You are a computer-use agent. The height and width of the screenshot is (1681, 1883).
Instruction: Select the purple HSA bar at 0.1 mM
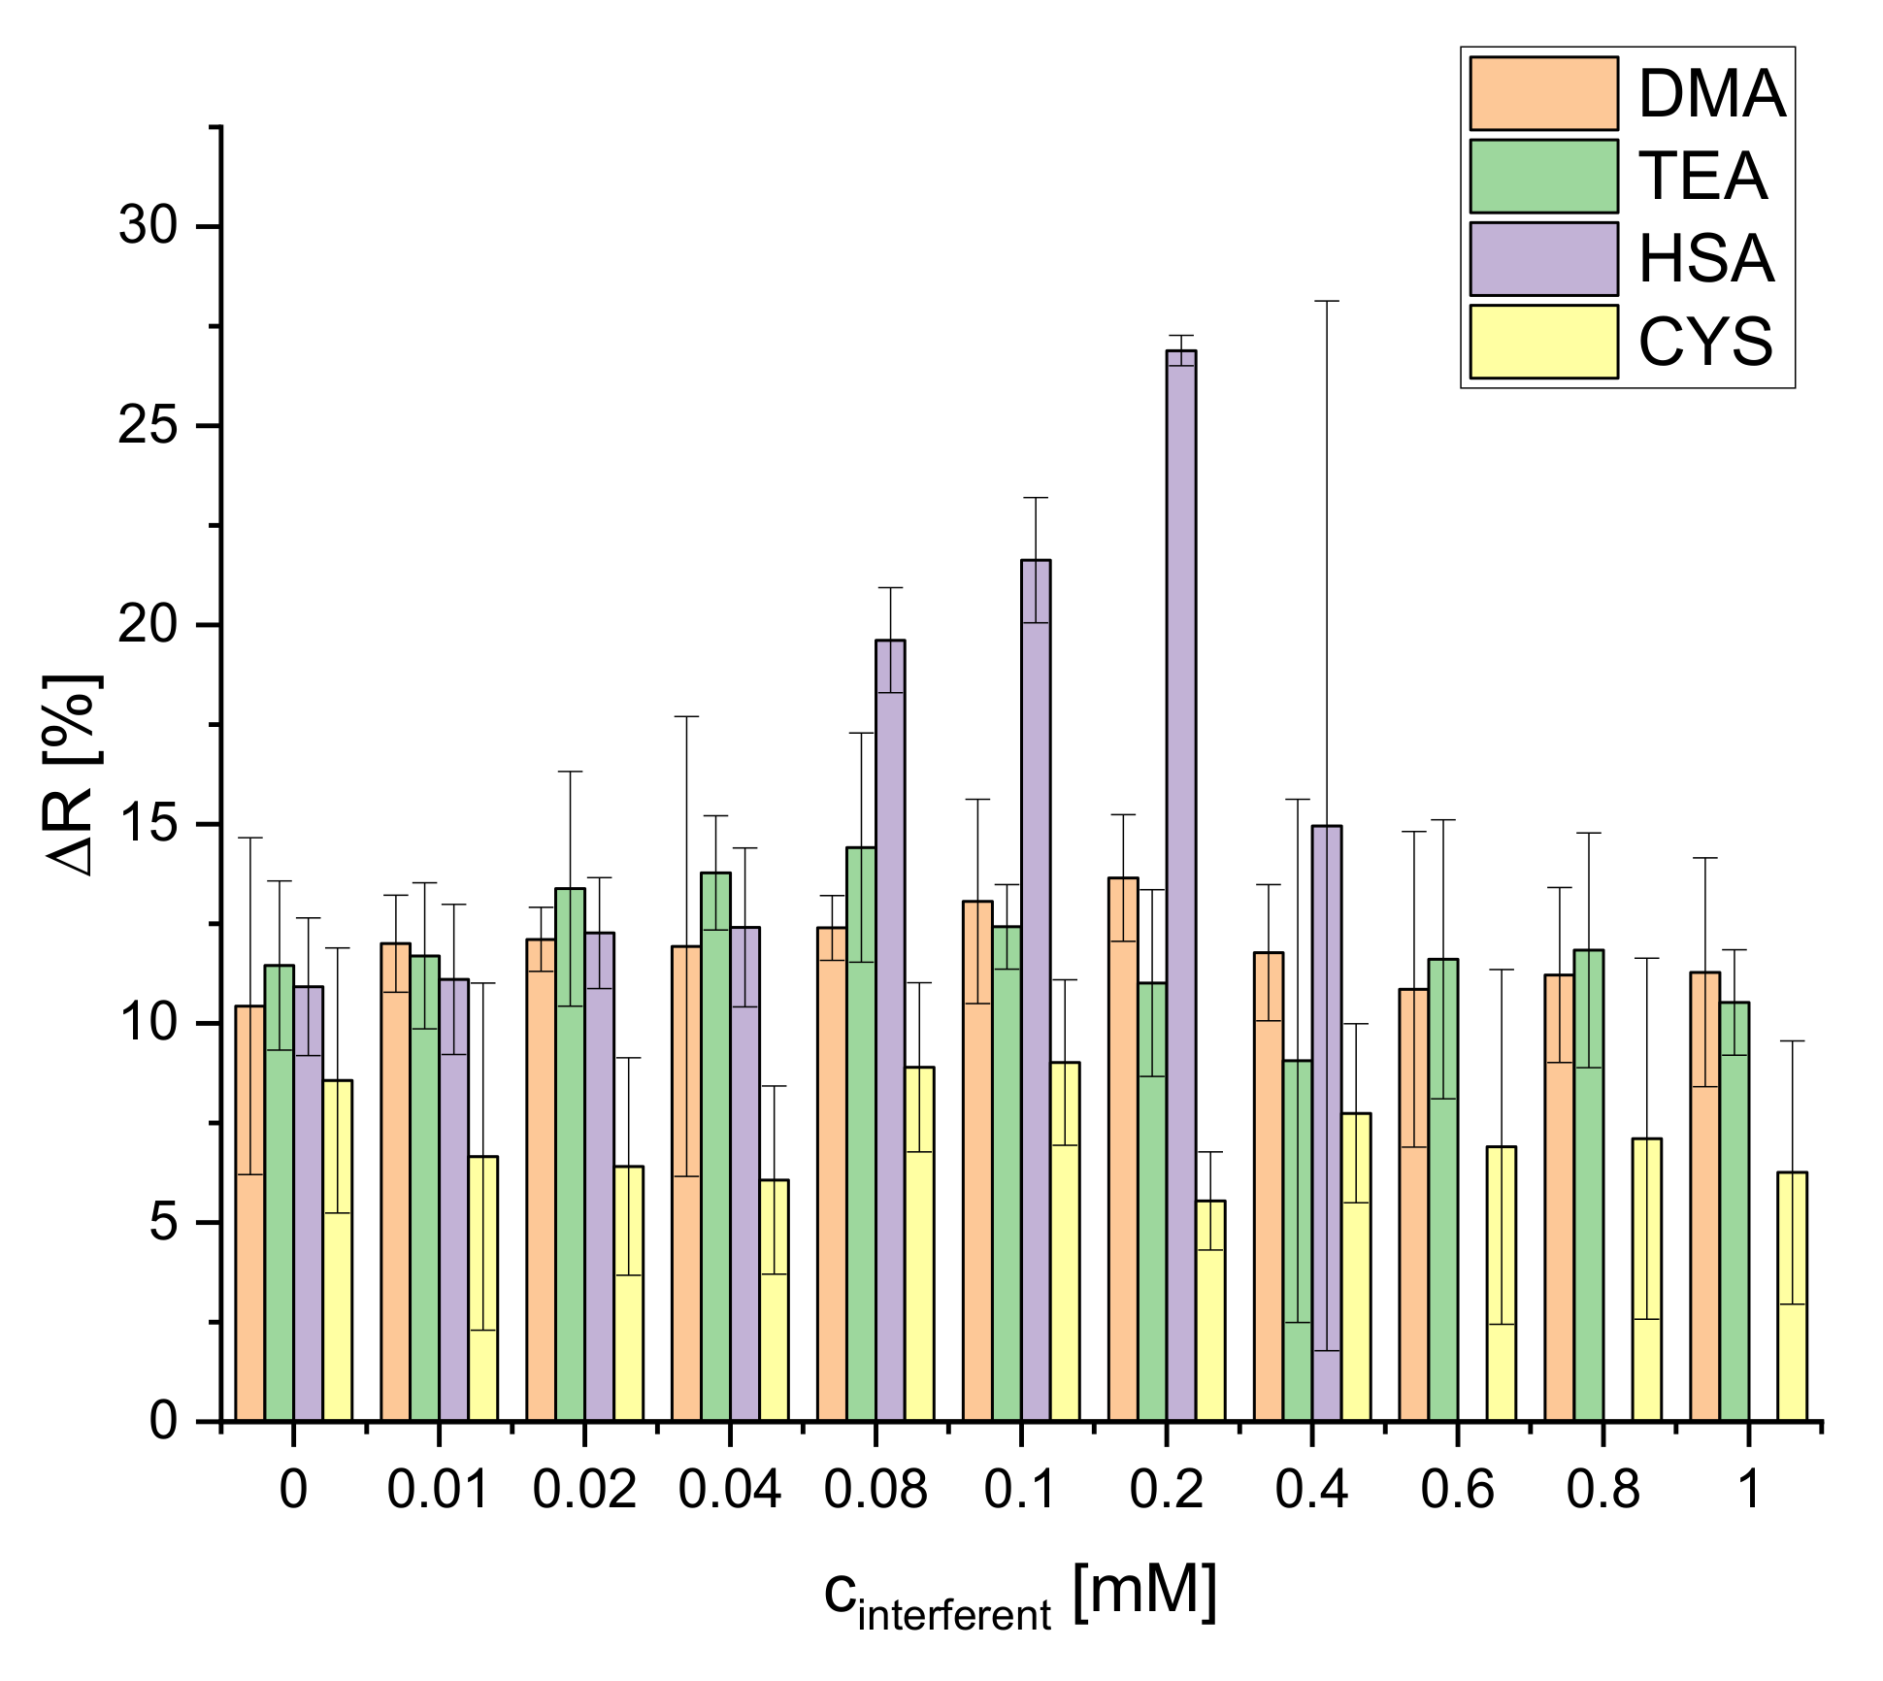coord(1036,990)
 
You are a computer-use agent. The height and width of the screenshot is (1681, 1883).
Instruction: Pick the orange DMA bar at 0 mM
coord(250,1213)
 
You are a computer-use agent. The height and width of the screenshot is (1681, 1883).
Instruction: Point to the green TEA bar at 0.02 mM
coord(570,1155)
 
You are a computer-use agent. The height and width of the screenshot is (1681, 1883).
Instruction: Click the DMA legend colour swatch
coord(1543,93)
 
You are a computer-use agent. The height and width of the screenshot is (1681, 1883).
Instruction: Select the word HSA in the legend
coord(1706,259)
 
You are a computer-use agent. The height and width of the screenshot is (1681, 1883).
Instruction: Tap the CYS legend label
coord(1705,342)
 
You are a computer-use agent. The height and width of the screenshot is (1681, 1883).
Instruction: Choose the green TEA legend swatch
coord(1543,176)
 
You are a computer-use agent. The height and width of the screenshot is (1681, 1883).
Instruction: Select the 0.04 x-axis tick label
coord(729,1489)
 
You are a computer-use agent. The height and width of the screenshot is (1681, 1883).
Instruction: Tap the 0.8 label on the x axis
coord(1602,1489)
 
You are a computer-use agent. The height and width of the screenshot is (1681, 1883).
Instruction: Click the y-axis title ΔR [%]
coord(75,774)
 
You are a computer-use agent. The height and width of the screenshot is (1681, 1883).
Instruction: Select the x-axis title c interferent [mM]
coord(1019,1598)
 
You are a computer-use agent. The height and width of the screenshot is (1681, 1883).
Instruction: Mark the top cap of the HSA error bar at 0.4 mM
coord(1327,302)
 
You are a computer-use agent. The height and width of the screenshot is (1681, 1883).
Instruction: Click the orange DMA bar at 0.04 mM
coord(686,1184)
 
